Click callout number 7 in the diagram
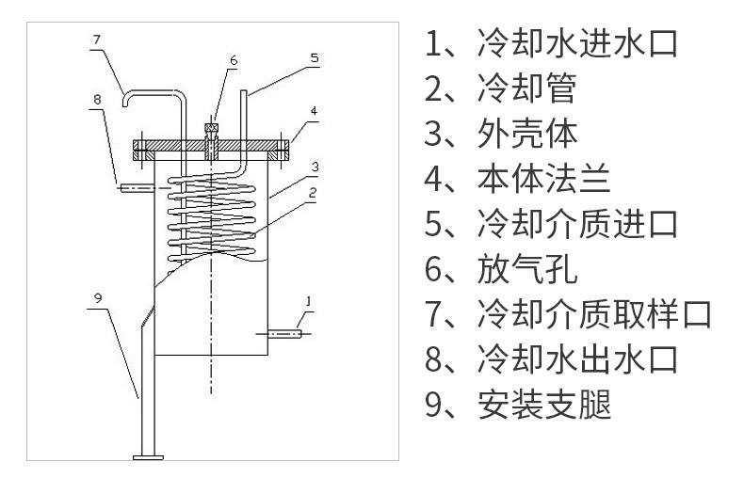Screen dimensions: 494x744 pyautogui.click(x=96, y=40)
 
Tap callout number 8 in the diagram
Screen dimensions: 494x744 pyautogui.click(x=96, y=99)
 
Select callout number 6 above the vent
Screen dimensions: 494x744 pyautogui.click(x=233, y=60)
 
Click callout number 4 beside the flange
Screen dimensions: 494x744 pyautogui.click(x=314, y=110)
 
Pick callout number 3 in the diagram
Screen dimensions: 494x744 pyautogui.click(x=315, y=167)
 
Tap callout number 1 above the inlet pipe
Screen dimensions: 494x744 pyautogui.click(x=306, y=300)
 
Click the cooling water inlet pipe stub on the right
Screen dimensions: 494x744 pyautogui.click(x=285, y=332)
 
